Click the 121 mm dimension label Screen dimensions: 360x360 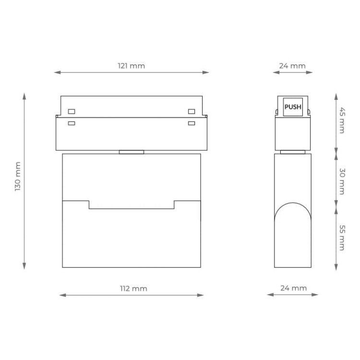point(132,66)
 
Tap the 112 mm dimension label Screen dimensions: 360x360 point(133,288)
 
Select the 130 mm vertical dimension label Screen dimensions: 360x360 point(18,176)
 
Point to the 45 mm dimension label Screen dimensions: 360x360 point(342,120)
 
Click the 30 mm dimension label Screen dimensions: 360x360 point(342,181)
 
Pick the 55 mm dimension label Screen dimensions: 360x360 point(342,238)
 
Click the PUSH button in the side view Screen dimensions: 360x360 point(293,107)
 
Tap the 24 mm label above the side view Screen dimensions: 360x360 point(292,66)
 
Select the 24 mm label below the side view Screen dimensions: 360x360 point(293,288)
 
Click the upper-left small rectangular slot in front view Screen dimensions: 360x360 point(72,111)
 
